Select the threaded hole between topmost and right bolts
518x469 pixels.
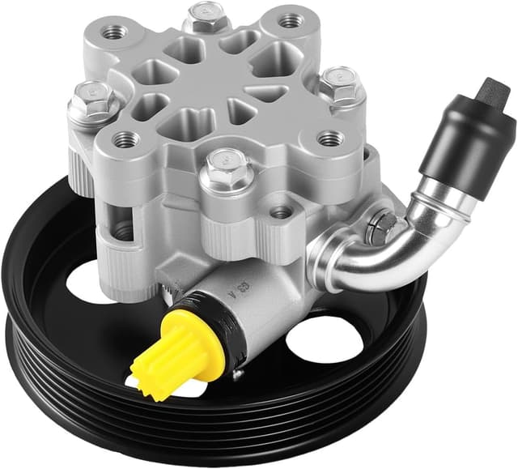[290, 21]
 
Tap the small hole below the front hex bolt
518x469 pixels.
[280, 212]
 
